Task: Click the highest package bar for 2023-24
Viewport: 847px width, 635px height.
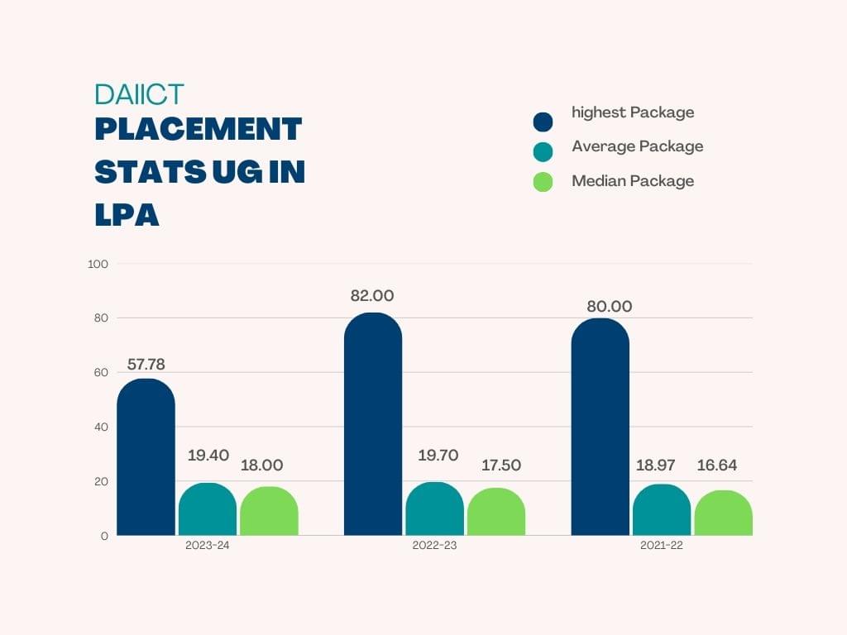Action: (146, 457)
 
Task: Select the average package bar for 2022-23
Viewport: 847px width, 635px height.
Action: (434, 509)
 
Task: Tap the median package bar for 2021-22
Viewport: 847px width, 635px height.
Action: (723, 513)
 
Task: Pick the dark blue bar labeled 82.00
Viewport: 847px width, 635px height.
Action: (373, 424)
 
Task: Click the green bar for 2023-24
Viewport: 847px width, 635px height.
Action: (269, 511)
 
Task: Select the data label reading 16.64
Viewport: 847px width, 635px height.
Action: (715, 466)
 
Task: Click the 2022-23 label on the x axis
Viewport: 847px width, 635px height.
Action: (434, 546)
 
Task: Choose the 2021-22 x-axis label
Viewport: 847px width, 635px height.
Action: (661, 546)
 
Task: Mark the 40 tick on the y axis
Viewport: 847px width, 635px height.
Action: (101, 427)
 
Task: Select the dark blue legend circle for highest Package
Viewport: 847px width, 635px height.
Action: (543, 122)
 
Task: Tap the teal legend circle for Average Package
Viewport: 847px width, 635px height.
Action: (543, 151)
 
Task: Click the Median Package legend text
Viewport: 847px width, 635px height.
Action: (633, 180)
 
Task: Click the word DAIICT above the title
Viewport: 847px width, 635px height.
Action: (139, 94)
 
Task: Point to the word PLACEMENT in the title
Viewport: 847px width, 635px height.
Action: (199, 130)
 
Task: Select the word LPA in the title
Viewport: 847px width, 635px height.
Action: (127, 215)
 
